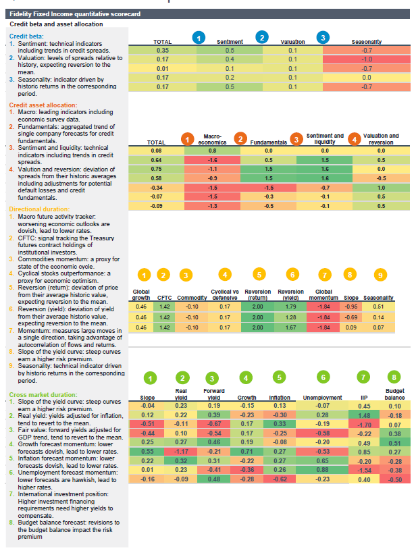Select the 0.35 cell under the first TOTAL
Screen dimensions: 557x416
click(x=162, y=50)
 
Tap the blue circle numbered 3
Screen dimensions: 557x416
click(x=323, y=37)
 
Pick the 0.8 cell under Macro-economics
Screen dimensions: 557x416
click(x=213, y=151)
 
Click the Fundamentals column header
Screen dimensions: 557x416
click(x=269, y=143)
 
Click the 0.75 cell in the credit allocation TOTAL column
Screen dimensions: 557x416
click(x=157, y=169)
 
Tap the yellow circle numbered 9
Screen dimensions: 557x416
click(x=381, y=275)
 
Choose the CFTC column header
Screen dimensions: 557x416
click(x=164, y=297)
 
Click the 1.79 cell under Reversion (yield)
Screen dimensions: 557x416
click(x=292, y=306)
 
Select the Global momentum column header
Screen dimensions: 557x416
click(x=324, y=294)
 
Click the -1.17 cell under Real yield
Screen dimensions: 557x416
click(x=180, y=450)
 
